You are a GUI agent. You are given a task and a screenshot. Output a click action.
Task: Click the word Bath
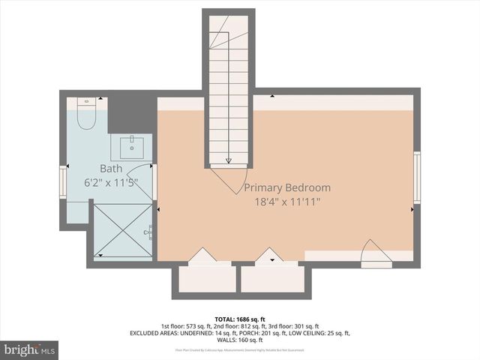(x=111, y=169)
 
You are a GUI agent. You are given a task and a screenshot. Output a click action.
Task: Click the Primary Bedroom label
(x=287, y=188)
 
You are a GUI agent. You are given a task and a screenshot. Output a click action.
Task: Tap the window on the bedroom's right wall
(x=416, y=178)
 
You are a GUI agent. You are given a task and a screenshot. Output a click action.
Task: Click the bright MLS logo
(x=30, y=349)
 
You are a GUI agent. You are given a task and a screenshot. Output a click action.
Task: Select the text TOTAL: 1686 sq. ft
(x=239, y=318)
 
